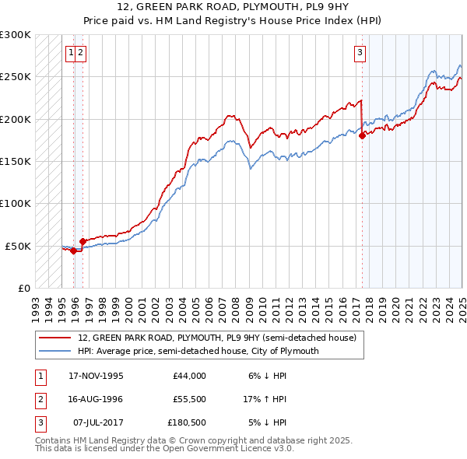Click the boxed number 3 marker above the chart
pyautogui.click(x=360, y=53)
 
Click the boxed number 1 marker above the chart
pyautogui.click(x=71, y=53)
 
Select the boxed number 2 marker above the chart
pyautogui.click(x=81, y=53)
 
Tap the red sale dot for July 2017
pyautogui.click(x=362, y=135)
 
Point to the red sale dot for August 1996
pyautogui.click(x=83, y=241)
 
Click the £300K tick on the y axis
pyautogui.click(x=16, y=35)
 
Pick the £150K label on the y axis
pyautogui.click(x=16, y=161)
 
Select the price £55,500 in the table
pyautogui.click(x=189, y=399)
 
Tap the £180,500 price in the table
pyautogui.click(x=187, y=422)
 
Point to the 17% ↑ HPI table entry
pyautogui.click(x=265, y=399)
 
